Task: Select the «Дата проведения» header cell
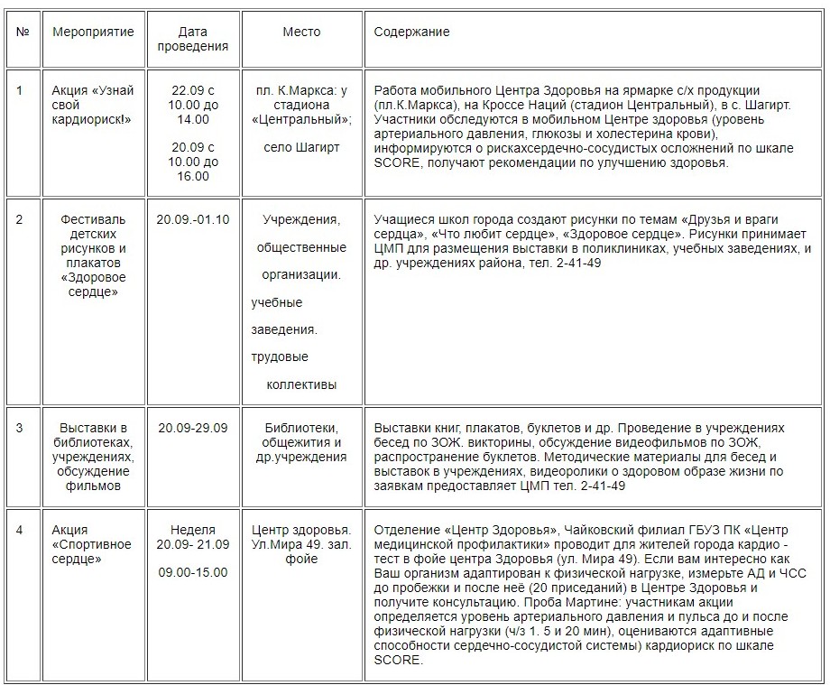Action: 192,40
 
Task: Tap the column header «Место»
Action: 301,32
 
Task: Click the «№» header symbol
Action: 23,32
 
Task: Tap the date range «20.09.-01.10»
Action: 192,219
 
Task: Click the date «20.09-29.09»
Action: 192,428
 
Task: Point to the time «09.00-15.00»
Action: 192,572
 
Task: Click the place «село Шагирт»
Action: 301,147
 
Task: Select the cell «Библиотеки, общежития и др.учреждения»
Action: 301,442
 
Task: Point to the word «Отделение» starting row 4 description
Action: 402,530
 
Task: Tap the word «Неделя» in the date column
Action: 192,530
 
